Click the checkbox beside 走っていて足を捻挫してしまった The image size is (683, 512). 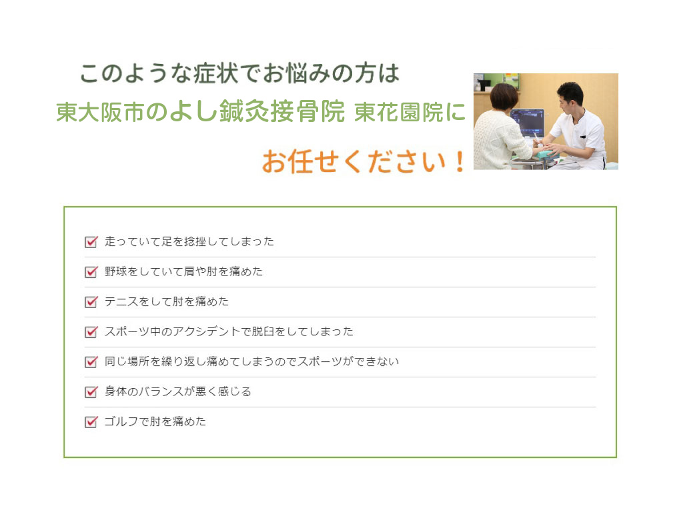pos(91,241)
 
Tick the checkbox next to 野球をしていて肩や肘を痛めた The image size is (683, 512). pos(91,272)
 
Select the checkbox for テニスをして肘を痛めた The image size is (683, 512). pos(91,302)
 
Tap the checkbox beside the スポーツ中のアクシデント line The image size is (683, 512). pos(91,332)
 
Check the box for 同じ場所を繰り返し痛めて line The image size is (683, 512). pos(91,362)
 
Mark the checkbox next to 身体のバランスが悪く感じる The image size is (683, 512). pos(91,392)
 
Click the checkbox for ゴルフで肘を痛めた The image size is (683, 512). pos(91,422)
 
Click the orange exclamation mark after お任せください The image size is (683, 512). pos(459,161)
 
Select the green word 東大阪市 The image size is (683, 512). pos(100,112)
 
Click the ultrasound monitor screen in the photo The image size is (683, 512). pos(528,123)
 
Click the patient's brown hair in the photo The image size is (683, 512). pos(504,97)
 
